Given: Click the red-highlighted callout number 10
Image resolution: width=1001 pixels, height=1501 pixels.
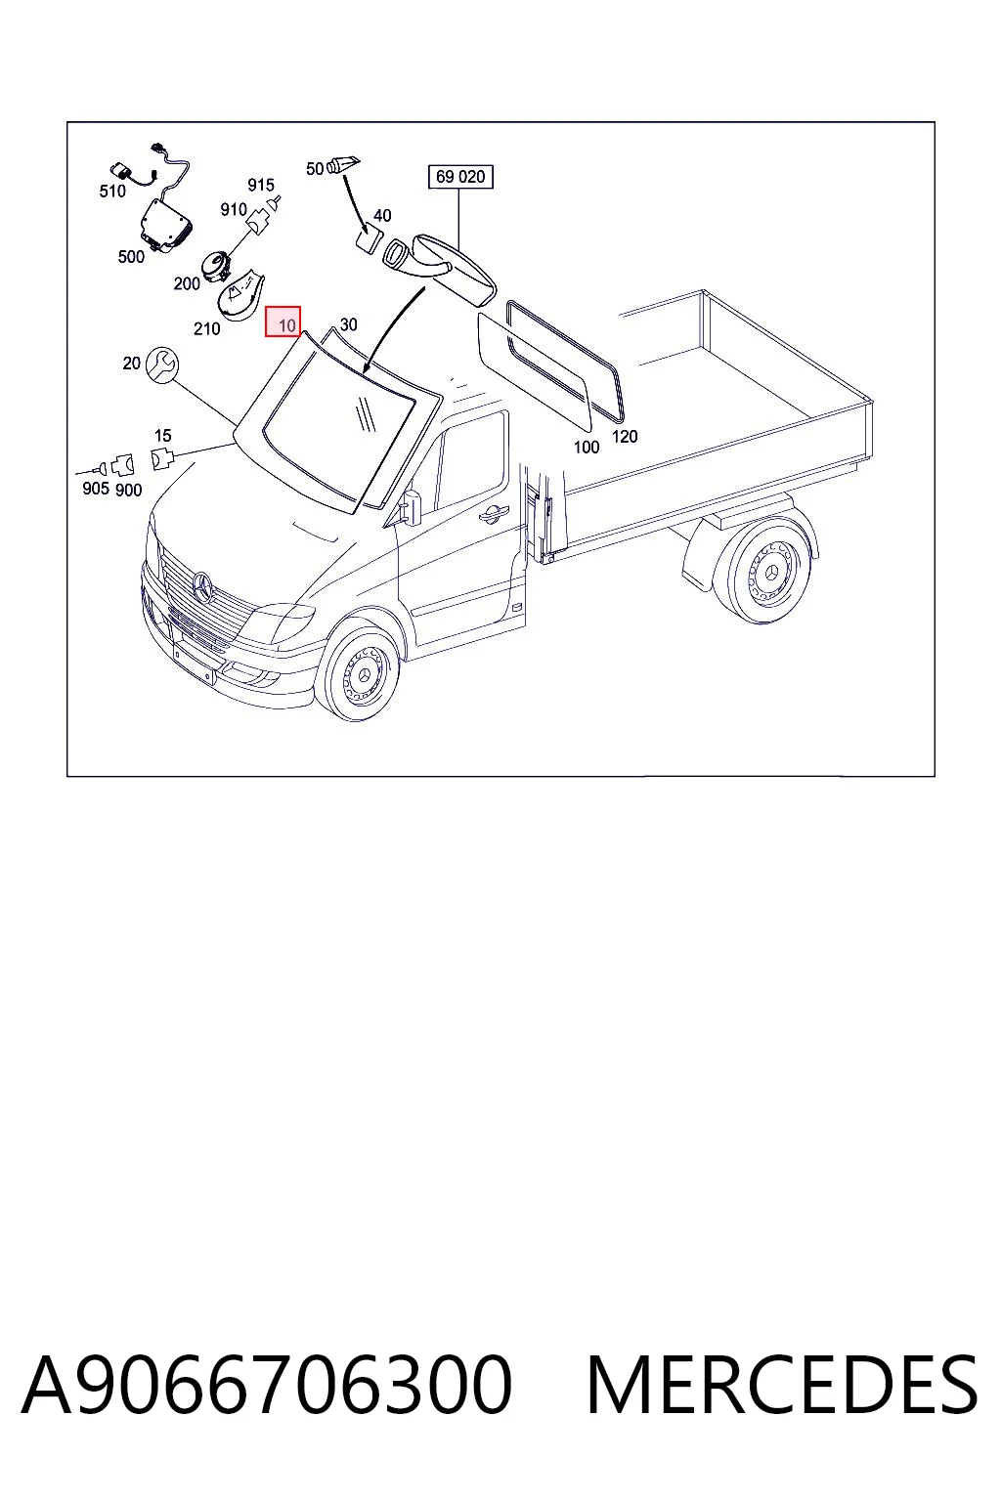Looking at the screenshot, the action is pos(287,325).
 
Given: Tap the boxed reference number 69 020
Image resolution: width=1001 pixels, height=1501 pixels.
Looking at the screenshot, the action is pos(460,177).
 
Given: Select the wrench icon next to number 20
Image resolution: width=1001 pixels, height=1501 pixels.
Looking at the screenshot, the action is pos(161,365).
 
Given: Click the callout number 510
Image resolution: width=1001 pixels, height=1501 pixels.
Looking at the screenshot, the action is pos(112,191).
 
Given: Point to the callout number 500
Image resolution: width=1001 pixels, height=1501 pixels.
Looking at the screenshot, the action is pos(131,257).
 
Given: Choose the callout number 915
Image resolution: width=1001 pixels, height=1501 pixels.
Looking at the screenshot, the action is pos(261,185).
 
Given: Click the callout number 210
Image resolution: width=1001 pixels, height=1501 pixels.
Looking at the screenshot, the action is pos(206,328).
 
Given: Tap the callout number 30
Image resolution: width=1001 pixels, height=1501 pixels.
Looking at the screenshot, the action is pos(349,324).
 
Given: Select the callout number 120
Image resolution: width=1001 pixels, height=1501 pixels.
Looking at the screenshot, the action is pos(625,436).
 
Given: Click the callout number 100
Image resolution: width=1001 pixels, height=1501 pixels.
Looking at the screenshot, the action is pos(587,447).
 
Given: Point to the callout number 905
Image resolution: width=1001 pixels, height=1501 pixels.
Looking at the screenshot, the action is pos(96,489).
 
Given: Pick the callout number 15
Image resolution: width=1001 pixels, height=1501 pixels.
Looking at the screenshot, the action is pos(163,436).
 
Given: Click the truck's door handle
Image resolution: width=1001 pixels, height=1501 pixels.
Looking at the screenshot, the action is pos(494,512).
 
